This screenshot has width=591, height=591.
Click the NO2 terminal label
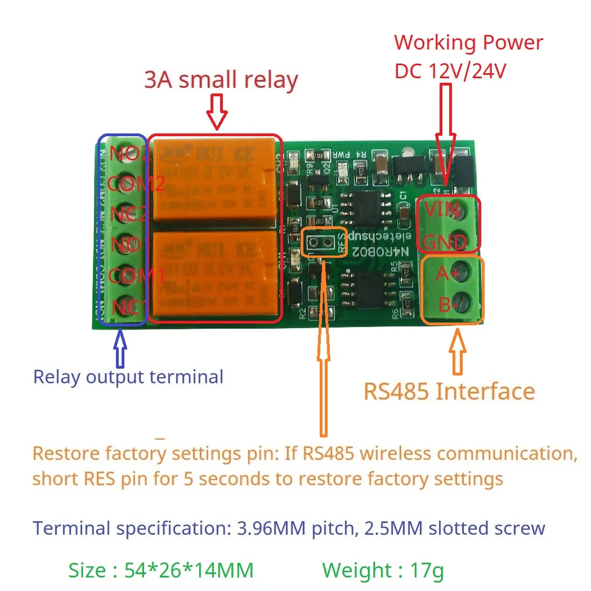tap(129, 153)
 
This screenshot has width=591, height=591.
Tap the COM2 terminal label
tap(136, 183)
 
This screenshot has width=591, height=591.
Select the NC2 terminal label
tap(129, 214)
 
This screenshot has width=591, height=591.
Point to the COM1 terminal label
tap(136, 276)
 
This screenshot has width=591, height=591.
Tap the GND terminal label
tap(445, 243)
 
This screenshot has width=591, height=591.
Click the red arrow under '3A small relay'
tap(217, 112)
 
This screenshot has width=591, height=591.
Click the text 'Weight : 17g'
tap(383, 570)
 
